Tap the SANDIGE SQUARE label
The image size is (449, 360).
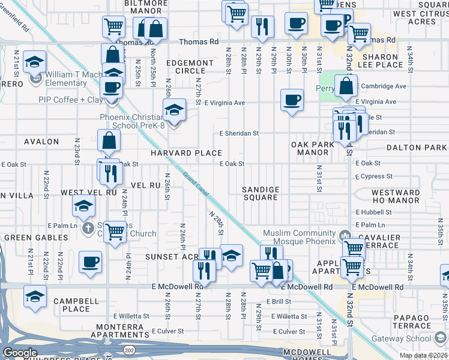[x=261, y=194]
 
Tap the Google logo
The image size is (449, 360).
[x=20, y=353]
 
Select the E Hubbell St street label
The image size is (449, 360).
[x=373, y=212]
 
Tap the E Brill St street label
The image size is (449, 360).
[x=278, y=301]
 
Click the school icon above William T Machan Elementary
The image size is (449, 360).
[x=35, y=62]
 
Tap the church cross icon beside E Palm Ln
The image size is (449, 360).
[x=88, y=227]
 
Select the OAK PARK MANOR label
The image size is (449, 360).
[x=313, y=149]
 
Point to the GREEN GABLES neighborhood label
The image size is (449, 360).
[x=36, y=238]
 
